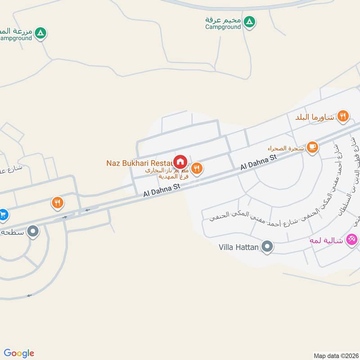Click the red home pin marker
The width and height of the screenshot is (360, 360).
point(180,162)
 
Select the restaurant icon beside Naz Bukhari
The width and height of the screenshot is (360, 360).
point(197,169)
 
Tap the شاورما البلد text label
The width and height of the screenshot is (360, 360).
point(315,117)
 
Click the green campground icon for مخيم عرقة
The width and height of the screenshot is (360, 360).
point(249,21)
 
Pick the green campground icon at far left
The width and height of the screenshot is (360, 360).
point(41,33)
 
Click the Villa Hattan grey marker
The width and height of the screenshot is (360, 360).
point(267,247)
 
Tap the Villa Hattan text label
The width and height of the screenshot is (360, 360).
point(238,247)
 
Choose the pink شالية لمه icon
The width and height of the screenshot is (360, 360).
point(352,239)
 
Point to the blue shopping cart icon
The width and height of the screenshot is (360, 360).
point(4,214)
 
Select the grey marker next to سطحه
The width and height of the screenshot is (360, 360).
point(33,232)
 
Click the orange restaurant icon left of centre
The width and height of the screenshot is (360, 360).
point(57,202)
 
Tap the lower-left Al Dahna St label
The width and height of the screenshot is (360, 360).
point(161,189)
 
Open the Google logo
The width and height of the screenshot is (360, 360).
point(19,353)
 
